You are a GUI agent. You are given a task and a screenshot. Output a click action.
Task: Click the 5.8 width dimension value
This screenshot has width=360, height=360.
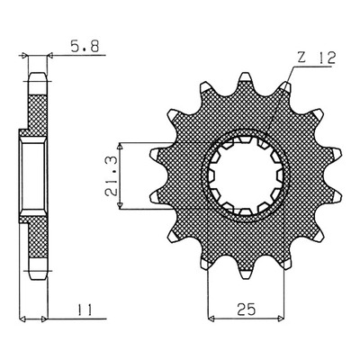[x=85, y=47]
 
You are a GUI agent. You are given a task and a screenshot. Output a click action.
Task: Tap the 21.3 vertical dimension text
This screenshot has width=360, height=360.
[x=111, y=175]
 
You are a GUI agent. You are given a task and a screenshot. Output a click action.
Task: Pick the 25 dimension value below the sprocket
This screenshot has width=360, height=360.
[x=246, y=310]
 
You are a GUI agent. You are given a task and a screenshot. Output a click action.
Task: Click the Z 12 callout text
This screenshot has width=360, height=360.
[x=316, y=58]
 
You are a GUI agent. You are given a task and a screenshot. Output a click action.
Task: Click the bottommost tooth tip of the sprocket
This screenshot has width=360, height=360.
[x=246, y=276]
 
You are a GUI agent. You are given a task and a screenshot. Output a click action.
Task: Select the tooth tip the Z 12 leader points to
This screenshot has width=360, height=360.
[x=286, y=86]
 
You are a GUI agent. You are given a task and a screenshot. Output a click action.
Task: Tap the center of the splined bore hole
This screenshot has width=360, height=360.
[x=246, y=176]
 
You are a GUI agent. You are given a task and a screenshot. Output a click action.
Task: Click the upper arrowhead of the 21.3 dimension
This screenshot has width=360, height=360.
[x=121, y=146]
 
